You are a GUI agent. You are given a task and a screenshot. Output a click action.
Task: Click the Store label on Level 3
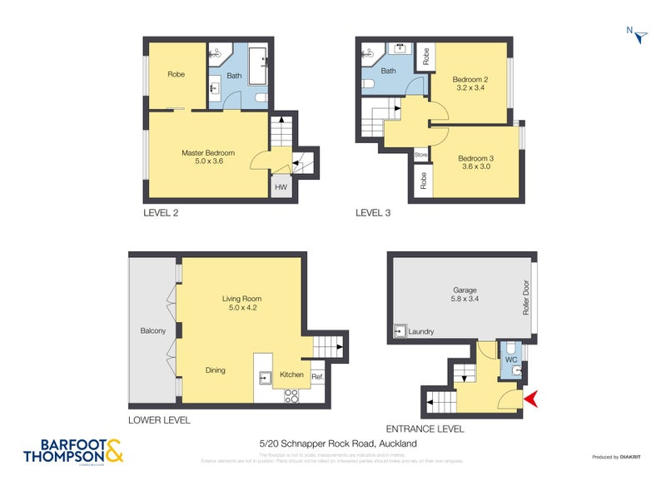pyautogui.click(x=421, y=155)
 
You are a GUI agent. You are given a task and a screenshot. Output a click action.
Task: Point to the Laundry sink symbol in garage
pyautogui.click(x=400, y=330)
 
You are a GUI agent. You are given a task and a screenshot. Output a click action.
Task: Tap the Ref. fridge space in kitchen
pyautogui.click(x=317, y=377)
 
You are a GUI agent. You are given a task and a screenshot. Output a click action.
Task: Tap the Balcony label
pyautogui.click(x=152, y=331)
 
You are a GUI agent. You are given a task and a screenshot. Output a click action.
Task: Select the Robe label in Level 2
pyautogui.click(x=176, y=74)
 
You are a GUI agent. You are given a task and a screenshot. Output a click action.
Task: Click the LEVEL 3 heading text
pyautogui.click(x=373, y=213)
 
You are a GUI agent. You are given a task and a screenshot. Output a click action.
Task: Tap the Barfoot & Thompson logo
pyautogui.click(x=72, y=450)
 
